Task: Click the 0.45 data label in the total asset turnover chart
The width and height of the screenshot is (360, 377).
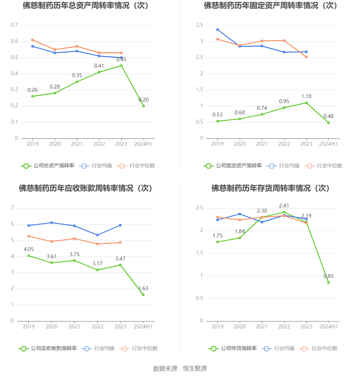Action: tap(121, 60)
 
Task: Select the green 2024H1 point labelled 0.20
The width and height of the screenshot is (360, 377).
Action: tap(143, 106)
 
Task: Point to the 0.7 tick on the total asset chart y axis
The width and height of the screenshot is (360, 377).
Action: tap(15, 25)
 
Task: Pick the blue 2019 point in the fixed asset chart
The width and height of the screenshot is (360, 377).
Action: tap(217, 30)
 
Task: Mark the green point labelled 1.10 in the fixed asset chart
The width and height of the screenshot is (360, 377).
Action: tap(306, 103)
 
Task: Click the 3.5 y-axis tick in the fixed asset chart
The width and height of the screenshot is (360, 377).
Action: tap(199, 25)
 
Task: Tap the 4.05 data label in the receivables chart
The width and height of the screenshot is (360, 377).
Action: tap(29, 249)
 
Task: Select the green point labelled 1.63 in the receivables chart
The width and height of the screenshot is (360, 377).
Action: tap(143, 295)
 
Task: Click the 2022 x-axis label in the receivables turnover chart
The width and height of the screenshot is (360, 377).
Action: tap(97, 327)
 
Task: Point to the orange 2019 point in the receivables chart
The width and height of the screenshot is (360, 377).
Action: tap(29, 236)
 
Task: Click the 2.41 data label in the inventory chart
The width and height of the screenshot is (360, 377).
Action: tap(284, 206)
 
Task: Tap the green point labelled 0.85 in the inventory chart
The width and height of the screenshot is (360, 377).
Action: tap(329, 282)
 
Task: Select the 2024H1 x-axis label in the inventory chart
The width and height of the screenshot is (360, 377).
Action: tap(329, 327)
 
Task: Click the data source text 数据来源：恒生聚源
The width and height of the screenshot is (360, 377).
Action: tap(180, 368)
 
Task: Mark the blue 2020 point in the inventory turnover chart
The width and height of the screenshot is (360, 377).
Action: tap(240, 214)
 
